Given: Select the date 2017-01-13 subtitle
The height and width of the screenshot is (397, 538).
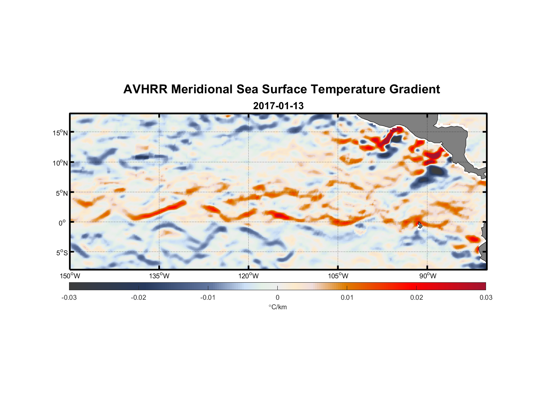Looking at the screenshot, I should point(278,106).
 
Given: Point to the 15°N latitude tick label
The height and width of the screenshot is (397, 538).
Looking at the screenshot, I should point(60,133).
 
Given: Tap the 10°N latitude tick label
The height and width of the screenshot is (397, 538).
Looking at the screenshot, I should point(60,163).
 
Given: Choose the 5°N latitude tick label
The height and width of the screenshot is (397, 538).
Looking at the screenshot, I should point(62,193).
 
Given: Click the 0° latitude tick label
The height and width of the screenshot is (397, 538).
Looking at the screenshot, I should point(62,223).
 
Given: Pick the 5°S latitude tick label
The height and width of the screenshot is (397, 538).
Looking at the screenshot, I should point(61,252).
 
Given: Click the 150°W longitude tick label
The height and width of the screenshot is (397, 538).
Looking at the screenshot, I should point(70,276).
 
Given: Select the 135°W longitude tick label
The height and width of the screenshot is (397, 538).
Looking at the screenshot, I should point(159,276).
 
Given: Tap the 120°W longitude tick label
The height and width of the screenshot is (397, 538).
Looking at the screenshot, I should point(249,276).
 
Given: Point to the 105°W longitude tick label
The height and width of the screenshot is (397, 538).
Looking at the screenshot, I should point(338,276).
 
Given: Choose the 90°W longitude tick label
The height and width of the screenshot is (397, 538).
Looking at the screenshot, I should point(427,276).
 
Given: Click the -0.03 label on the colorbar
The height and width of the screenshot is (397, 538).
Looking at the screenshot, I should point(69,297).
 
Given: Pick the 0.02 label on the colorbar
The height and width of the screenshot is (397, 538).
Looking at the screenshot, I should point(417,297).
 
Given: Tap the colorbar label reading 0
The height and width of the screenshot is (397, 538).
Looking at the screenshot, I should point(277,297).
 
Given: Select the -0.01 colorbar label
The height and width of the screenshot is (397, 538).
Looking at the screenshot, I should point(208,297).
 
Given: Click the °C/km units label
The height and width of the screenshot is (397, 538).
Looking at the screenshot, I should point(278,307).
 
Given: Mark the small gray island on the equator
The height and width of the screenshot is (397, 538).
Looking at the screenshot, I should point(420,225).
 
